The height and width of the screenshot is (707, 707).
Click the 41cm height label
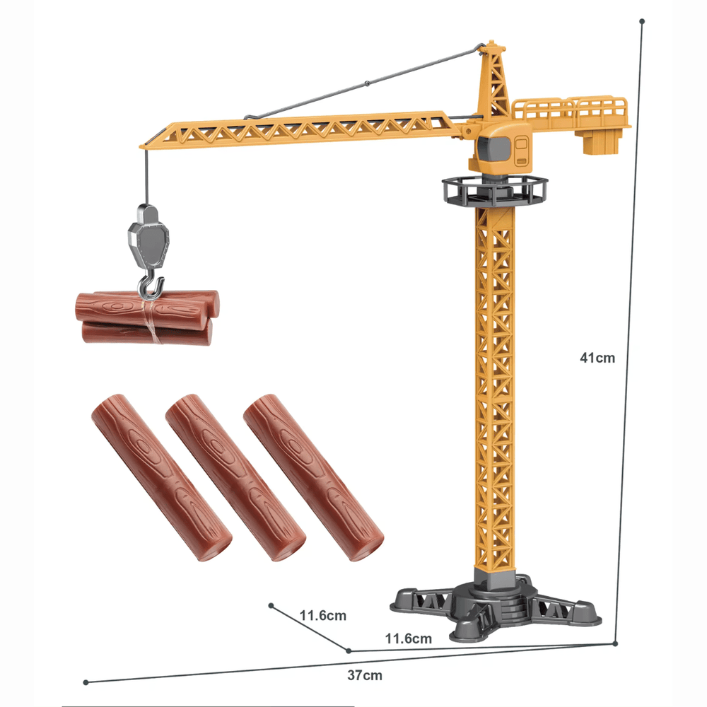tap(597, 358)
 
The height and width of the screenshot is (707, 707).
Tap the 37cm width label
tap(364, 675)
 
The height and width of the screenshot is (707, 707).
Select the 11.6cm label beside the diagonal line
tap(322, 615)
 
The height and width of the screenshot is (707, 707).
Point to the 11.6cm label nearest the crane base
tap(408, 639)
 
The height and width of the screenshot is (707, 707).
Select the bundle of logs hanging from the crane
tap(145, 318)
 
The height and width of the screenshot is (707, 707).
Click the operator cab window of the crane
tap(491, 149)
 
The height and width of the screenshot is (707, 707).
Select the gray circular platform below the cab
tap(494, 189)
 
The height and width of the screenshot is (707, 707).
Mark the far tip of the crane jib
tap(144, 146)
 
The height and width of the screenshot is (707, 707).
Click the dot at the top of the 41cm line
tap(642, 21)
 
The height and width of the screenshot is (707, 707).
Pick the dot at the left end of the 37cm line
tap(86, 682)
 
